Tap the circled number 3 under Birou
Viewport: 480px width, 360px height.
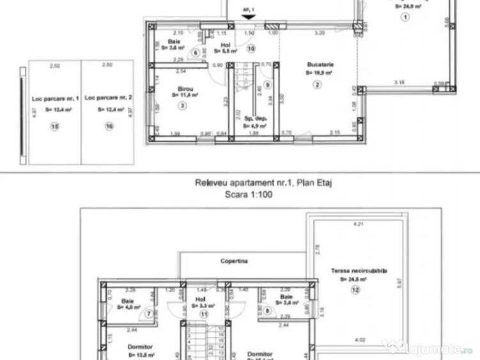(182, 106)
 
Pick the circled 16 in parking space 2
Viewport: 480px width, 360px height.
(109, 127)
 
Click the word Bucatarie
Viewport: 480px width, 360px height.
(320, 65)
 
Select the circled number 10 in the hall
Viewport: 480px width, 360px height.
(251, 48)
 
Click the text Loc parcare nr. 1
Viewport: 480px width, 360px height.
(55, 99)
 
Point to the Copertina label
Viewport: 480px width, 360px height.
(234, 261)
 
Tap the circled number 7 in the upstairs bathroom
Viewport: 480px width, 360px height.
(149, 313)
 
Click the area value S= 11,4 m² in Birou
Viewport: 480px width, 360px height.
(185, 95)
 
